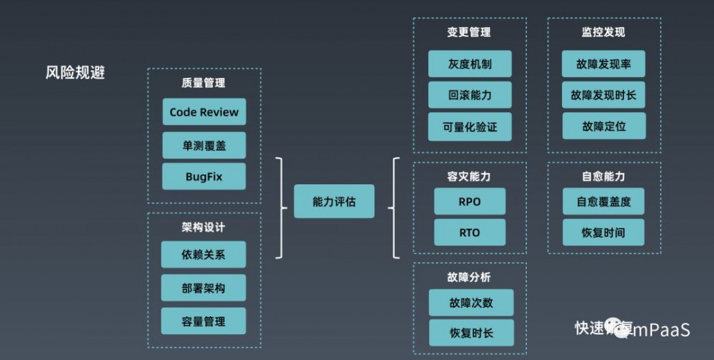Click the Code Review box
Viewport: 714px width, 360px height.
tap(203, 112)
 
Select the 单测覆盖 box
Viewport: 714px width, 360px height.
tap(203, 146)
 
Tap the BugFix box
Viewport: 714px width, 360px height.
tap(203, 176)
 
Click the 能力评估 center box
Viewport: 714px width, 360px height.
tap(333, 202)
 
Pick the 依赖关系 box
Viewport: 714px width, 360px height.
tap(203, 255)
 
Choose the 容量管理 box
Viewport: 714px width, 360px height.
tap(203, 321)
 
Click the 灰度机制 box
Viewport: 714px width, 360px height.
tap(470, 64)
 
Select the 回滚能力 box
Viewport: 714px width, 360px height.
tap(470, 95)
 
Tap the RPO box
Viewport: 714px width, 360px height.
tap(470, 201)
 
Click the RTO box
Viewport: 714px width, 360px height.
tap(470, 233)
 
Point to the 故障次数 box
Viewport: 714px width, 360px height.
tap(471, 302)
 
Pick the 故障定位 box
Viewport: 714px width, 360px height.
tap(603, 126)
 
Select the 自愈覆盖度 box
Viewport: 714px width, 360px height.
tap(603, 201)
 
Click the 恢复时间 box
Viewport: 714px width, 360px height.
tap(603, 233)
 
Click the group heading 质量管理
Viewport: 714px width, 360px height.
tap(203, 83)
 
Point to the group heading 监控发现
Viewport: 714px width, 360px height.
tap(603, 32)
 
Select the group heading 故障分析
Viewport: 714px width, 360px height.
tap(470, 276)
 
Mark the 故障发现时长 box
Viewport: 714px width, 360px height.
tap(603, 95)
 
